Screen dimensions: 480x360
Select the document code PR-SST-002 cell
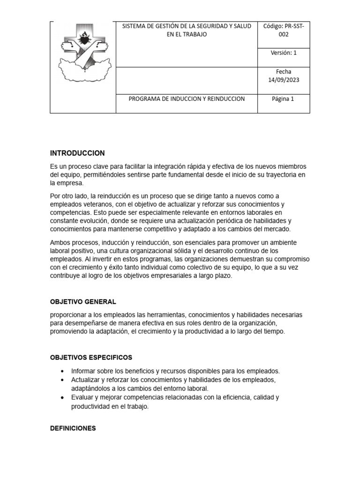point(283,30)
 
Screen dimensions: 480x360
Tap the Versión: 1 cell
point(283,53)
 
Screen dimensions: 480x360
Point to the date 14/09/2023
point(283,80)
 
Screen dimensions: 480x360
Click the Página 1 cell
point(283,99)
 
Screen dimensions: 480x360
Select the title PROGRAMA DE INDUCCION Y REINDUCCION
point(187,99)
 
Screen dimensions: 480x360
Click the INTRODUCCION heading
point(77,153)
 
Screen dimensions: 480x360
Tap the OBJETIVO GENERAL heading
point(83,301)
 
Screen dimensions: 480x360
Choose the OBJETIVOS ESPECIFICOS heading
point(91,357)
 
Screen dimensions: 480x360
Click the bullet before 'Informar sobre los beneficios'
point(62,371)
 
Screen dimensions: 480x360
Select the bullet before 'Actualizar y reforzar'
point(62,380)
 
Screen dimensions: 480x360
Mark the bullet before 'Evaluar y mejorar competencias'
point(62,397)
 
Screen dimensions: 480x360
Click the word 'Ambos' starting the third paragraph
point(60,242)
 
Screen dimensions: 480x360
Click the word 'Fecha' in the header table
point(283,72)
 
